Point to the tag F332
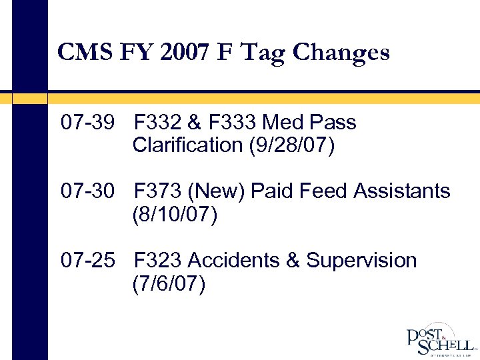click(x=159, y=123)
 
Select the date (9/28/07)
click(x=291, y=145)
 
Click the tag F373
click(x=159, y=191)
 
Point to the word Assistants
click(x=402, y=191)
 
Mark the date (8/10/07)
click(x=175, y=215)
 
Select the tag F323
click(x=159, y=260)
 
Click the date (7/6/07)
click(x=169, y=283)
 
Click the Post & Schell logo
click(x=441, y=340)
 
